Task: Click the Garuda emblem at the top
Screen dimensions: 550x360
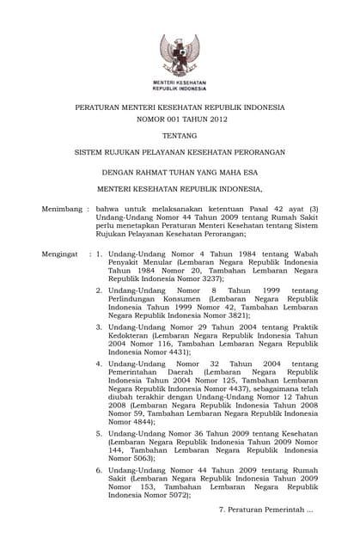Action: pos(180,53)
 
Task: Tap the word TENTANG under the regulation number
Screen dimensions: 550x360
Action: pos(180,135)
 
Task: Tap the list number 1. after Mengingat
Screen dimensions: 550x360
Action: pos(100,255)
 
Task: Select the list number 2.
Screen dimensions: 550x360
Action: pos(100,291)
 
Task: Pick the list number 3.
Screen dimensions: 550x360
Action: pos(100,327)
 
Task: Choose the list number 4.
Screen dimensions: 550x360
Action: pos(100,364)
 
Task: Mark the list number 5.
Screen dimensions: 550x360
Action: pos(100,433)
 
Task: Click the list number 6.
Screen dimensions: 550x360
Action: pos(100,470)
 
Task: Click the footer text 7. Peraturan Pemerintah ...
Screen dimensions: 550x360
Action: pos(266,510)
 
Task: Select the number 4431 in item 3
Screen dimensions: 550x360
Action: pos(180,352)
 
